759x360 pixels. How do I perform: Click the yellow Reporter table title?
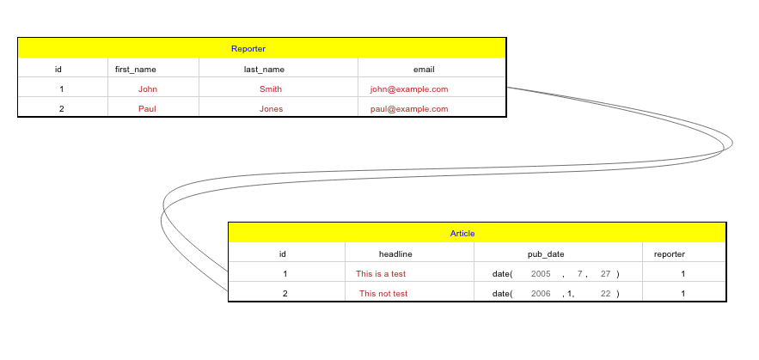pyautogui.click(x=248, y=49)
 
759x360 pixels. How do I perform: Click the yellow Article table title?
pyautogui.click(x=462, y=234)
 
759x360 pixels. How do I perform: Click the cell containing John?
pyautogui.click(x=148, y=88)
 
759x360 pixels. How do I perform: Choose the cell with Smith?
pyautogui.click(x=270, y=88)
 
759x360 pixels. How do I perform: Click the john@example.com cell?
pyautogui.click(x=409, y=88)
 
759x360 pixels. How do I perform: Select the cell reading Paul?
pyautogui.click(x=147, y=108)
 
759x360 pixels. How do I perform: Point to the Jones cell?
pyautogui.click(x=271, y=108)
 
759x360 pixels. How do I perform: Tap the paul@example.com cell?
pyautogui.click(x=409, y=108)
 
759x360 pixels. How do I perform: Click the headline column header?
pyautogui.click(x=395, y=253)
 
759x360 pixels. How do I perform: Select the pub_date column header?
pyautogui.click(x=546, y=253)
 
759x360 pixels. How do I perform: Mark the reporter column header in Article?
pyautogui.click(x=670, y=253)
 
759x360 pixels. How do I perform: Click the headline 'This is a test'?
pyautogui.click(x=381, y=273)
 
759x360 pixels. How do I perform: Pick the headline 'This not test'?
pyautogui.click(x=383, y=293)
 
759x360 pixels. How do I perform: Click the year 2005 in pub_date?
pyautogui.click(x=541, y=273)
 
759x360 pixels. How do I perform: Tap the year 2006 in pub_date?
pyautogui.click(x=541, y=293)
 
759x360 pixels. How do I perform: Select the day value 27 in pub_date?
pyautogui.click(x=605, y=273)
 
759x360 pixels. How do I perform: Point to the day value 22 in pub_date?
pyautogui.click(x=605, y=293)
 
